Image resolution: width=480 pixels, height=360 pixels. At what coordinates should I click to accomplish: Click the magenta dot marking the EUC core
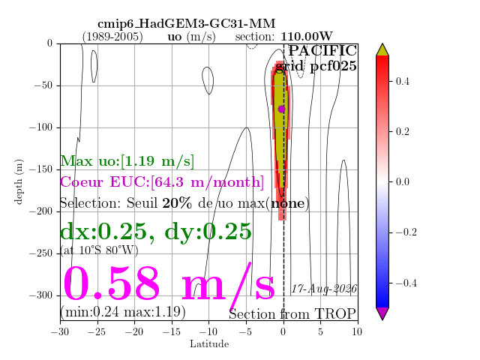pyautogui.click(x=282, y=109)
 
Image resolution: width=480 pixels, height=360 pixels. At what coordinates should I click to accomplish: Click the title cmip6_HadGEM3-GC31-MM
pyautogui.click(x=187, y=23)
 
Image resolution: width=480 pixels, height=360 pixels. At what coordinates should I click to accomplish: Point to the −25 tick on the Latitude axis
pyautogui.click(x=97, y=331)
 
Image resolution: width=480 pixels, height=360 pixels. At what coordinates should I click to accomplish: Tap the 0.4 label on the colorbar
pyautogui.click(x=402, y=82)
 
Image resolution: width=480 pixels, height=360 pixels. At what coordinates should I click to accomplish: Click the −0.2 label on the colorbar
pyautogui.click(x=406, y=232)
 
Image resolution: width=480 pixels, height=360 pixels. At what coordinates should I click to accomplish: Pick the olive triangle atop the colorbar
pyautogui.click(x=382, y=50)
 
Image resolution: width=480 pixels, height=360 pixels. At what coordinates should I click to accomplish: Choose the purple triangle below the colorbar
pyautogui.click(x=382, y=313)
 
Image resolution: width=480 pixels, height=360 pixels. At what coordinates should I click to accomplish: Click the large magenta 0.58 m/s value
pyautogui.click(x=169, y=283)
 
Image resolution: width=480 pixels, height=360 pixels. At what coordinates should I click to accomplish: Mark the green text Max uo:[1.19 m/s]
pyautogui.click(x=127, y=161)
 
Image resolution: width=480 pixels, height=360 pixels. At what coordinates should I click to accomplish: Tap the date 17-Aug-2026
pyautogui.click(x=324, y=289)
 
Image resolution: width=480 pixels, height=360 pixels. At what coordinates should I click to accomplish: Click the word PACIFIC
pyautogui.click(x=322, y=50)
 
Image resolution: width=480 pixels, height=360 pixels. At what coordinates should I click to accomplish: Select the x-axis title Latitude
pyautogui.click(x=209, y=344)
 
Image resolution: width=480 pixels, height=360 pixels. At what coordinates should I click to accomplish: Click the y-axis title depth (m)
pyautogui.click(x=19, y=181)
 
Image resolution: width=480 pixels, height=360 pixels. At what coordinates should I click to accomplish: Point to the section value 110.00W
pyautogui.click(x=307, y=37)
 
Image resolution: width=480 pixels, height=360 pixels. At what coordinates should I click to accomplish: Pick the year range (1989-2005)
pyautogui.click(x=112, y=37)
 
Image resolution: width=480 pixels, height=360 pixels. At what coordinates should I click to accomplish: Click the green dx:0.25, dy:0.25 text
pyautogui.click(x=156, y=232)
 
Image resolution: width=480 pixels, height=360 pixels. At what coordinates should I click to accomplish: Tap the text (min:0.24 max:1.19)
pyautogui.click(x=123, y=312)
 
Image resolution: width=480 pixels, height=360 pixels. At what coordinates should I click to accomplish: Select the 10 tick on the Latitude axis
pyautogui.click(x=357, y=331)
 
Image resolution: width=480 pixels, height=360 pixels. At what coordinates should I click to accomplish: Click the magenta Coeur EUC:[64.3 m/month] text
pyautogui.click(x=162, y=182)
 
